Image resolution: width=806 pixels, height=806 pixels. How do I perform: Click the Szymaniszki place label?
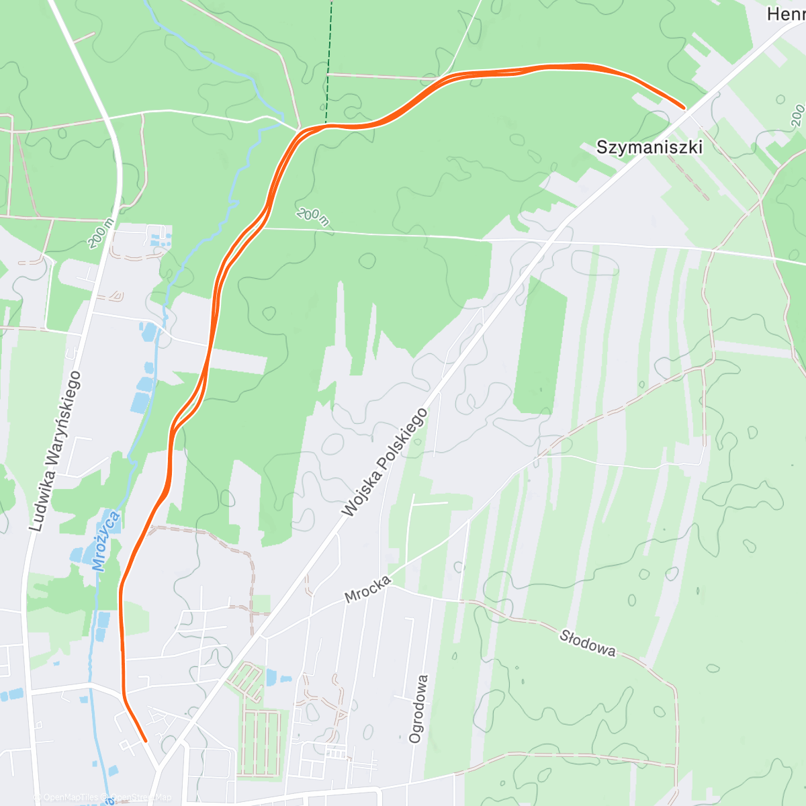point(649,147)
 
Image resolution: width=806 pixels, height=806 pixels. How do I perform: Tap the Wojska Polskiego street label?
point(384,463)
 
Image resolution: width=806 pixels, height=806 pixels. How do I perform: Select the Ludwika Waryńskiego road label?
point(55,451)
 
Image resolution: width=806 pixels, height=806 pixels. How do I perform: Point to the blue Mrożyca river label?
point(107,541)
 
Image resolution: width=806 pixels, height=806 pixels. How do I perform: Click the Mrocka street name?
point(367,590)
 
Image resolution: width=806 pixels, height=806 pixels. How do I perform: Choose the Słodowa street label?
point(587,641)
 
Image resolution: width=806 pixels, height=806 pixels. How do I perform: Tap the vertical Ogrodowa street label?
point(418,709)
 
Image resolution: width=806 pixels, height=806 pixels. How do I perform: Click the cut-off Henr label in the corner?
point(786,13)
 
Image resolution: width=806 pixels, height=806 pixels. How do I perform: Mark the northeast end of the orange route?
point(684,107)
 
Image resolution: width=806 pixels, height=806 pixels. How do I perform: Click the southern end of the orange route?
point(146,741)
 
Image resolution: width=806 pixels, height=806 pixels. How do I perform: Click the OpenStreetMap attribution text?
point(141,797)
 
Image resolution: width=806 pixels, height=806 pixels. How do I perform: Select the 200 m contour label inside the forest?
point(312,216)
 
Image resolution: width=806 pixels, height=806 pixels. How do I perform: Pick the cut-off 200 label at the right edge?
point(797,116)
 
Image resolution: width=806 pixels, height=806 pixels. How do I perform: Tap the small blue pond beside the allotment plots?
point(271,677)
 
